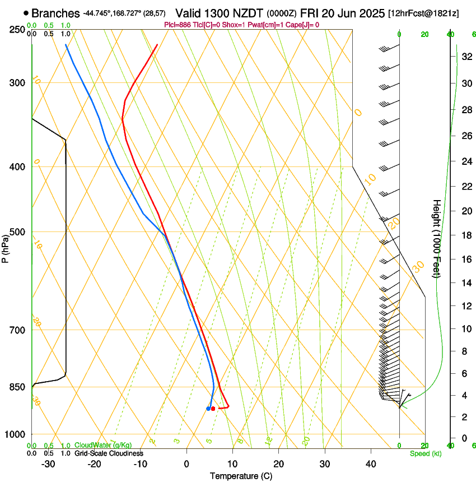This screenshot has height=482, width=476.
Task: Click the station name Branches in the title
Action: click(x=55, y=13)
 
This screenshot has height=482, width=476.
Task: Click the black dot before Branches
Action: click(x=26, y=13)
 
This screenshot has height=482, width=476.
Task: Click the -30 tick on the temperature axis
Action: click(x=48, y=464)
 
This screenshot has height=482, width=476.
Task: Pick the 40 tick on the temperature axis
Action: click(x=371, y=464)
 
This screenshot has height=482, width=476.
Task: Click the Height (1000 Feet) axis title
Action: click(x=437, y=238)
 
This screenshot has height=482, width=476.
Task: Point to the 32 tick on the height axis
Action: click(x=466, y=56)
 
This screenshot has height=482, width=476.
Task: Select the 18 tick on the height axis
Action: click(x=466, y=235)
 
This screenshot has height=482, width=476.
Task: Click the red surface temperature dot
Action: click(x=213, y=409)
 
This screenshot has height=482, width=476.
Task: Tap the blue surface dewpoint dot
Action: click(x=208, y=409)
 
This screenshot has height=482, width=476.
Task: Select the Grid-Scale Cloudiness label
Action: click(x=109, y=453)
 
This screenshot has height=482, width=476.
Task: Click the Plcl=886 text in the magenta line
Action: click(x=178, y=25)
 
